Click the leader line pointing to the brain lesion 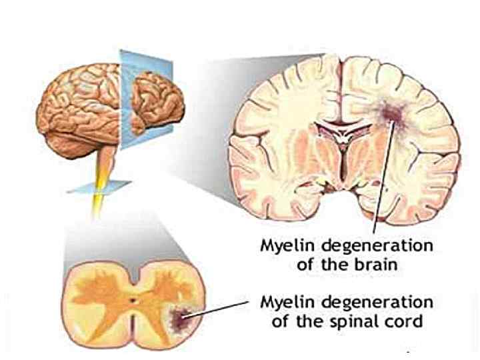(381, 180)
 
